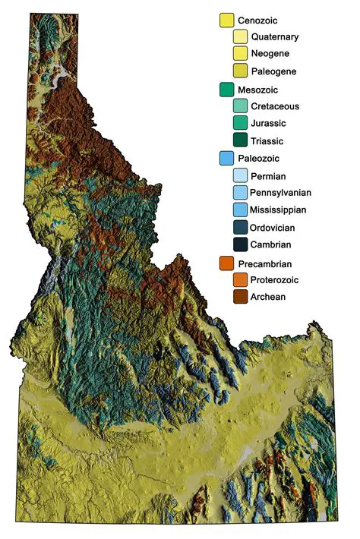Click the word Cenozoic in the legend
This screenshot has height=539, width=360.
(258, 20)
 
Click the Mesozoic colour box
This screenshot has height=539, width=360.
(226, 90)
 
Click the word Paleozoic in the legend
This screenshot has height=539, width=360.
(259, 159)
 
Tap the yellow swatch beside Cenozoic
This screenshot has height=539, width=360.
(226, 20)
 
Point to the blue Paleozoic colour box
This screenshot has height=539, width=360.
(226, 159)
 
